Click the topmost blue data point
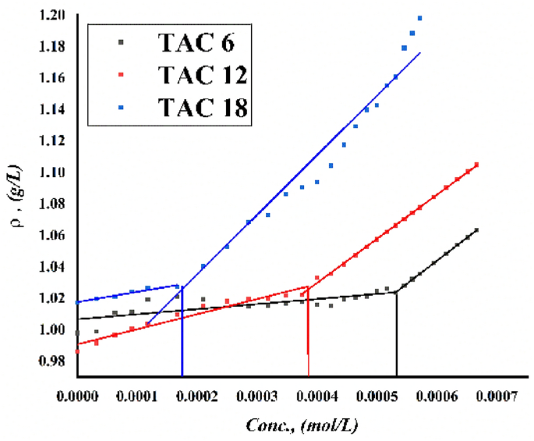pyautogui.click(x=419, y=18)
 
